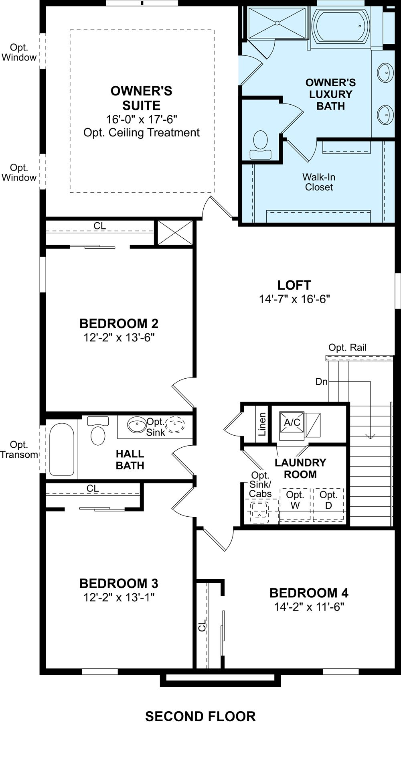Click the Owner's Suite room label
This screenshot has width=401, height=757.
point(141,98)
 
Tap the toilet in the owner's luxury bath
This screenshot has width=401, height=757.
point(261,144)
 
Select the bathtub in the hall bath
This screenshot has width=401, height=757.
point(61,449)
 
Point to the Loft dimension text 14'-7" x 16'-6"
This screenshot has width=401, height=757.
point(294,299)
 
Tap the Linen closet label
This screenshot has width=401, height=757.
point(262,424)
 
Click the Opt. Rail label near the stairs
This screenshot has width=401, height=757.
point(347,347)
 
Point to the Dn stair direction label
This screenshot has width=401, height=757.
point(322,382)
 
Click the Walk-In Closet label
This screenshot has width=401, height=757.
point(319,182)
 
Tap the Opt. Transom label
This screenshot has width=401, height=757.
point(19,450)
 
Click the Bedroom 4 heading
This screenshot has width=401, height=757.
point(309,593)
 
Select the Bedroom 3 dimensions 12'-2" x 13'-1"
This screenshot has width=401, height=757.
point(119,597)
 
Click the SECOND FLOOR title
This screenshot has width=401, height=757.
point(200,716)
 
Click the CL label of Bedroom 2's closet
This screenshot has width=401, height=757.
point(100,226)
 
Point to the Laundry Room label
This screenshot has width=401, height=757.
point(300,468)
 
